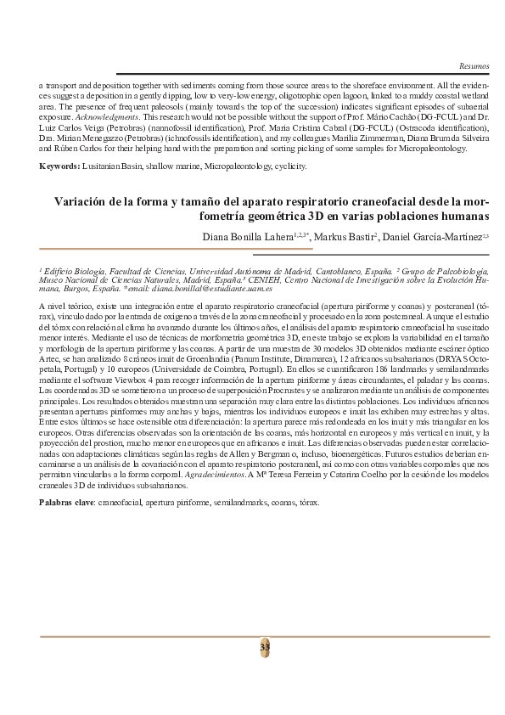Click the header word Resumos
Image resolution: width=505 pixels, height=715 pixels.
pos(474,65)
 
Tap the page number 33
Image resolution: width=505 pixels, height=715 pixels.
pos(265,646)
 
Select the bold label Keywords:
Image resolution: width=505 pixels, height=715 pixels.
pos(60,166)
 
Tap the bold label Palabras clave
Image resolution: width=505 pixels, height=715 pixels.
pos(65,503)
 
